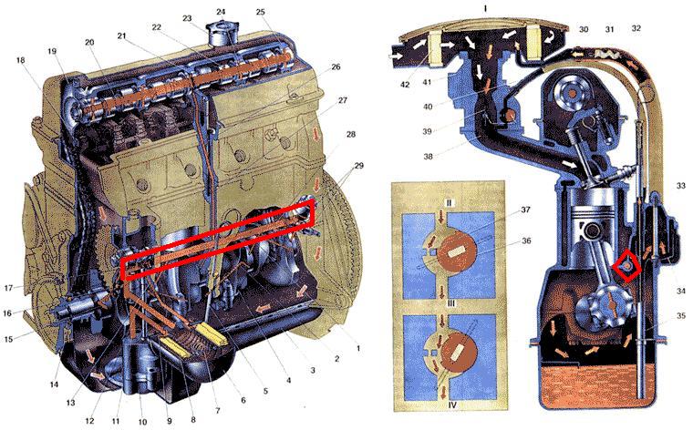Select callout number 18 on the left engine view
pyautogui.click(x=20, y=60)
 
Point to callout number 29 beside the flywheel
pyautogui.click(x=358, y=166)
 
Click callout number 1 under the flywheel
pyautogui.click(x=358, y=348)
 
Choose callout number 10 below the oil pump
pyautogui.click(x=142, y=422)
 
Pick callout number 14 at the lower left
pyautogui.click(x=54, y=384)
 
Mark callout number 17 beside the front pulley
pyautogui.click(x=9, y=288)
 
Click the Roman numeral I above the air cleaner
pyautogui.click(x=485, y=8)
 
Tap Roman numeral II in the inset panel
pyautogui.click(x=449, y=203)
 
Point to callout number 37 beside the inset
pyautogui.click(x=525, y=210)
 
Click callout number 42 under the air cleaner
pyautogui.click(x=405, y=85)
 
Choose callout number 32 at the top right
pyautogui.click(x=636, y=28)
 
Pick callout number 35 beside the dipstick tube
pyautogui.click(x=680, y=315)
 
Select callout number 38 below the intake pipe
pyautogui.click(x=428, y=157)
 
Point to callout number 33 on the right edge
pyautogui.click(x=680, y=186)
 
